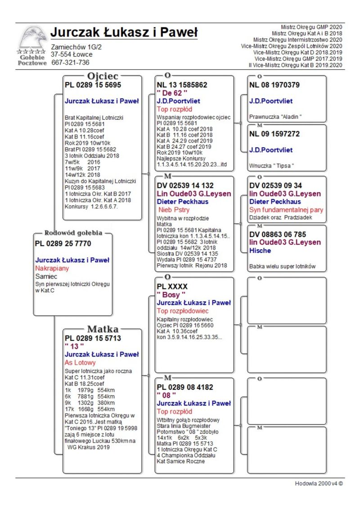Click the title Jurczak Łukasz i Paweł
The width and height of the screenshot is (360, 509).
click(x=124, y=33)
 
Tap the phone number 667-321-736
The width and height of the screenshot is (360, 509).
click(x=70, y=63)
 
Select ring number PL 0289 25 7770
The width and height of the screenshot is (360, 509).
click(x=63, y=243)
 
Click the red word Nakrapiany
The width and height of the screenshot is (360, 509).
click(x=51, y=268)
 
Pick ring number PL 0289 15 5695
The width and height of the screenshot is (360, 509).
click(x=93, y=85)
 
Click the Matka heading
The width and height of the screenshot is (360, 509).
click(x=103, y=329)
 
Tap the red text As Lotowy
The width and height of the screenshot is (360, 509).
click(x=80, y=362)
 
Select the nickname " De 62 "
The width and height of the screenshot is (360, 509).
click(x=172, y=93)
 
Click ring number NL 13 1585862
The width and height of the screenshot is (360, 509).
click(x=182, y=85)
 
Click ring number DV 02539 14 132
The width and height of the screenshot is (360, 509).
click(x=185, y=185)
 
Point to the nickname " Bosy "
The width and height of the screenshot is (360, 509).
click(x=171, y=295)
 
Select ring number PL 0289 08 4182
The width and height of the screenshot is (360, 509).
click(x=185, y=387)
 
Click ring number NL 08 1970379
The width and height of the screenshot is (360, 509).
click(x=274, y=85)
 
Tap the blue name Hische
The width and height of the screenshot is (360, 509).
click(x=260, y=251)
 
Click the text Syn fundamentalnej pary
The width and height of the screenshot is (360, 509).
click(x=286, y=210)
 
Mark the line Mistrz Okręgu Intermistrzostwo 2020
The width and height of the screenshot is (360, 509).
click(x=297, y=40)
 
